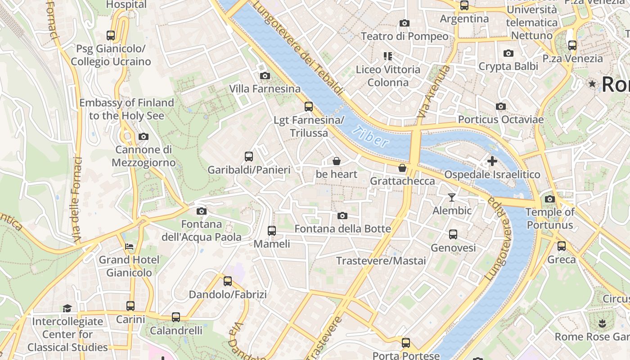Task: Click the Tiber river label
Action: pos(370,137)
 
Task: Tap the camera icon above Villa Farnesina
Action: pos(265,76)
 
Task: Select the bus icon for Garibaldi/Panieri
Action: pos(248,157)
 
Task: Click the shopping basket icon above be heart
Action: pos(336,161)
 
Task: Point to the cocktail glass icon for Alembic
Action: pos(452,197)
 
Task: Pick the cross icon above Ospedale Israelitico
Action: pos(492,161)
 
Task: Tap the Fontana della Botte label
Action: pos(342,229)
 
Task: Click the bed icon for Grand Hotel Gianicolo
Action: pos(129,247)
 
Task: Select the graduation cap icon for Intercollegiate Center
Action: pos(67,308)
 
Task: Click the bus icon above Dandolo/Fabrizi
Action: pos(228,281)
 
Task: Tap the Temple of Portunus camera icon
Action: pos(549,199)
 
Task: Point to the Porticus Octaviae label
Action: pos(501,119)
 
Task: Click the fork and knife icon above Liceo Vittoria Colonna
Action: pos(387,56)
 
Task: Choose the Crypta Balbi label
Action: pos(508,66)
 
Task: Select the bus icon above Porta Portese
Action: pos(406,343)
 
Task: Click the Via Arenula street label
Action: pos(433,92)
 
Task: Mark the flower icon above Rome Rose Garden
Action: pos(602,323)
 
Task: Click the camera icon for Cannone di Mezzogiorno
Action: pos(143,136)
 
